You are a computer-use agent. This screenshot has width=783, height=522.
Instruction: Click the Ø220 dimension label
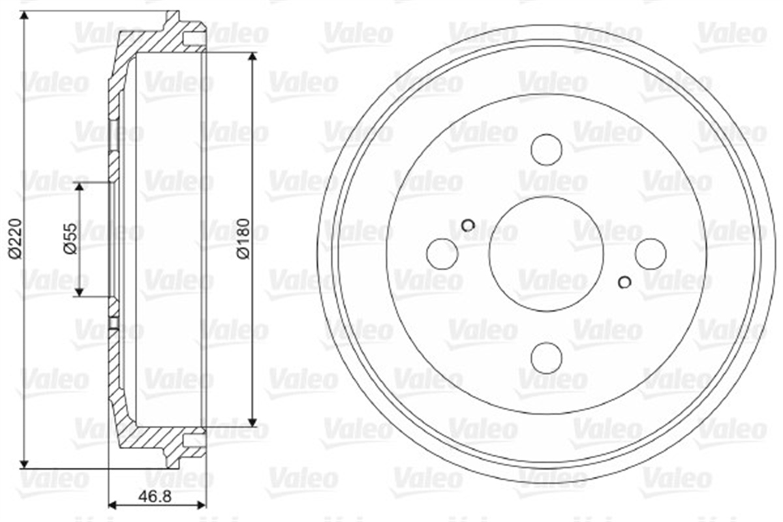point(16,239)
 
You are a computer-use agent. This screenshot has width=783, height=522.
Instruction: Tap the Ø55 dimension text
point(70,239)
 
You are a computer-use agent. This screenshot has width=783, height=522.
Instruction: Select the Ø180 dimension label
point(243,239)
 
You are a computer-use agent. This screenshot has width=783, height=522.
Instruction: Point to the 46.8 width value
point(155,496)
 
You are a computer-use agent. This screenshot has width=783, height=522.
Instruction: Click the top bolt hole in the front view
point(546,149)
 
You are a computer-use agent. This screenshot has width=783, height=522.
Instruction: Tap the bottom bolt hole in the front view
point(546,358)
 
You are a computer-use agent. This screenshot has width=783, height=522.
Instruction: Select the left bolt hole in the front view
point(442,254)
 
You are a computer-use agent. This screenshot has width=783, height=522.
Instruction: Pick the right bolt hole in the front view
point(651,254)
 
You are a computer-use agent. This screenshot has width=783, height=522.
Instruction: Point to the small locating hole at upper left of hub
point(468,225)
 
